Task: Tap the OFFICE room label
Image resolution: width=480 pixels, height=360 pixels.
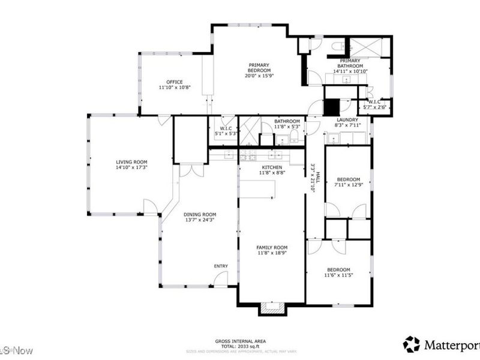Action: point(175,82)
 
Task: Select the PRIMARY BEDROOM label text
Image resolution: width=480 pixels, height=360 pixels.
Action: point(259,65)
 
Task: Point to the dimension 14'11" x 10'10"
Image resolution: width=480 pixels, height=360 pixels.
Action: point(350,71)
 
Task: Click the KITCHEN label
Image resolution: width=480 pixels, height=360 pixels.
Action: point(272,167)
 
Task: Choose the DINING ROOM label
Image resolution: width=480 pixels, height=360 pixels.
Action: point(200,215)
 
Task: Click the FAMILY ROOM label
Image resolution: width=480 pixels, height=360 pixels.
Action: point(272,247)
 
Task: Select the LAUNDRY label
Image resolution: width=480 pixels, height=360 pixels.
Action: point(347,119)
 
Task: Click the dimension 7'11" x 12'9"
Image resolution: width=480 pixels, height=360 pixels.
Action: point(348,185)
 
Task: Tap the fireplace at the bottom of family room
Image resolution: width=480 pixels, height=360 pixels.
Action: point(272,309)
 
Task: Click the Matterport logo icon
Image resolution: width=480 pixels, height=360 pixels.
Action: point(411,344)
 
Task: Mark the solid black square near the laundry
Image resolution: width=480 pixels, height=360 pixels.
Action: point(331,107)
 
